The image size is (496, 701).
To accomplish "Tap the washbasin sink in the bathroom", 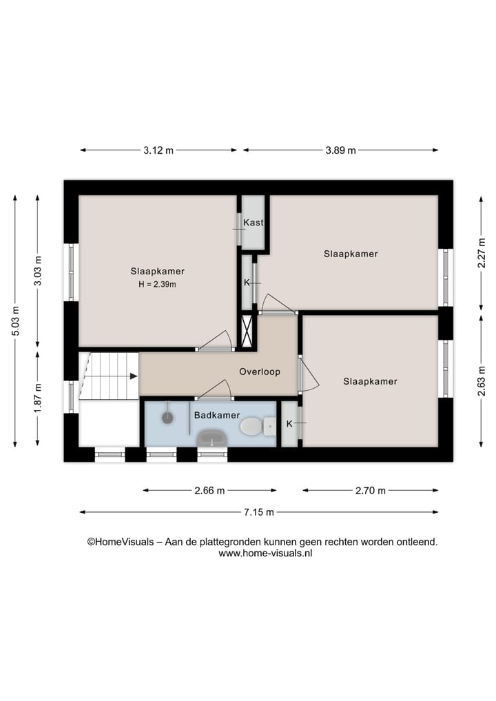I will click(212, 438).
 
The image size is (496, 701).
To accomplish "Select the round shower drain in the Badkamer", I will click(167, 417).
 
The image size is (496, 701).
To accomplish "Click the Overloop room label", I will click(260, 372).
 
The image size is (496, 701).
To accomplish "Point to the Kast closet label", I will click(253, 223).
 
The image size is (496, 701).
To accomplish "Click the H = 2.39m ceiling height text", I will click(158, 284).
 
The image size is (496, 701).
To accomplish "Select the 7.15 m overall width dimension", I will click(259, 512).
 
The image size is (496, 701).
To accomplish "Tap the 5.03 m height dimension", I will click(15, 321).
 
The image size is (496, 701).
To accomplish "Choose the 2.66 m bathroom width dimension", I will click(209, 491).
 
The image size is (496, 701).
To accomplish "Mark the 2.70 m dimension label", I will click(371, 491).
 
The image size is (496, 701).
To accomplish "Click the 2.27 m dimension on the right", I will click(482, 252).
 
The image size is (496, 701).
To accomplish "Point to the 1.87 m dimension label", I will click(38, 398).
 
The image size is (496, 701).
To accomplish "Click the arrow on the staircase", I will click(131, 376).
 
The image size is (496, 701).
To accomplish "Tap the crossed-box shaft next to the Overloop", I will click(247, 332).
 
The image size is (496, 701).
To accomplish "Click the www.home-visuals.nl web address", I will click(265, 553).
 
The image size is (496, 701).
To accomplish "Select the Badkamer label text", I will click(216, 415).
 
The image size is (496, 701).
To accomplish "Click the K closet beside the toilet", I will click(289, 423).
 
